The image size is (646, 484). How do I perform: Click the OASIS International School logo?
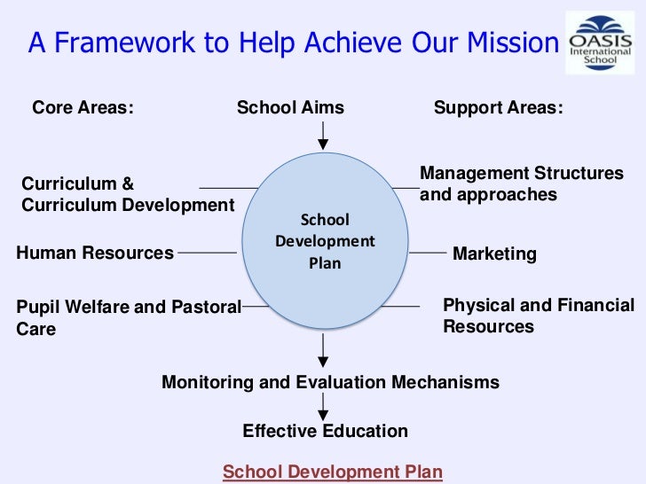(x=600, y=45)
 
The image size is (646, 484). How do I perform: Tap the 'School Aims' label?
(x=290, y=108)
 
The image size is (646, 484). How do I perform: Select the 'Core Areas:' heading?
(x=83, y=108)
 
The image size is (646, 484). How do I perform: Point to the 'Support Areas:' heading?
(x=498, y=108)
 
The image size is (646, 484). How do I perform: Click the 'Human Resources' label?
(x=95, y=253)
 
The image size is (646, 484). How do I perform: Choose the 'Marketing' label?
(x=494, y=254)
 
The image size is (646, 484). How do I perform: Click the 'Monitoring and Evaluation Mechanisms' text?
(x=330, y=383)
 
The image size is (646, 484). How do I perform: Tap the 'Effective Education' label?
(x=325, y=432)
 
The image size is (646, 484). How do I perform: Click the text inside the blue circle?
(x=325, y=241)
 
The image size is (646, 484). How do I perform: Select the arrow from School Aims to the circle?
(x=324, y=136)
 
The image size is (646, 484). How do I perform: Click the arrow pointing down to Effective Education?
(x=324, y=408)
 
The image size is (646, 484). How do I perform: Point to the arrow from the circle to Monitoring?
(x=324, y=349)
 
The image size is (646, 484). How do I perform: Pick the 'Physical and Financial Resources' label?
(x=538, y=316)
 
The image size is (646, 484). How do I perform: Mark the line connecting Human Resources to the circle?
(x=207, y=253)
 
